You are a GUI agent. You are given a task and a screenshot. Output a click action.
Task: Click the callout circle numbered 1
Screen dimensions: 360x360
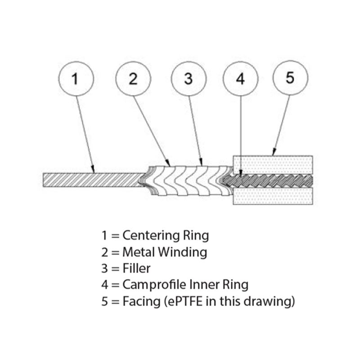coord(75,79)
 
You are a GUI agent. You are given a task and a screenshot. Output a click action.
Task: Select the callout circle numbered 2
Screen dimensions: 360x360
coord(133,79)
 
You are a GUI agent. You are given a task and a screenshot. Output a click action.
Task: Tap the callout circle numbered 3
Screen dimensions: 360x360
coord(189,79)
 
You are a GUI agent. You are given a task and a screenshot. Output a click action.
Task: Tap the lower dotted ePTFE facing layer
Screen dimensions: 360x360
coord(272,196)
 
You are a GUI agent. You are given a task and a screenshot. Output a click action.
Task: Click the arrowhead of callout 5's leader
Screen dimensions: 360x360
coord(273,156)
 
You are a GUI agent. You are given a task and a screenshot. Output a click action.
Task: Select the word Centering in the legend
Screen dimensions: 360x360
coord(148,235)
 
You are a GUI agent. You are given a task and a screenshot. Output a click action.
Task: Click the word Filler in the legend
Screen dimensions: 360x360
coord(136,269)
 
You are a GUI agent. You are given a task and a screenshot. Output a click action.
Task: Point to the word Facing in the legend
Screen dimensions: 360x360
coord(139,301)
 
